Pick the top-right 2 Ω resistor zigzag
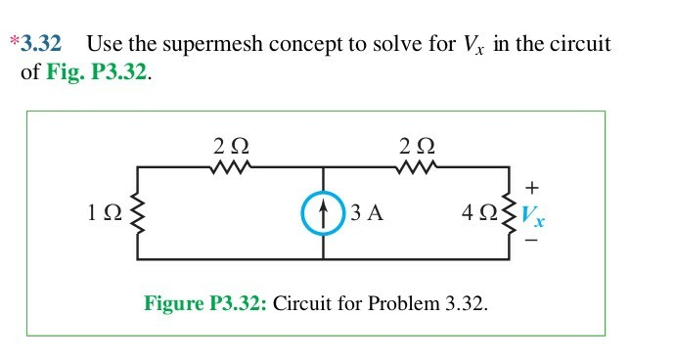pyautogui.click(x=417, y=168)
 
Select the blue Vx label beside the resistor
pyautogui.click(x=532, y=216)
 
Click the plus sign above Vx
pyautogui.click(x=532, y=186)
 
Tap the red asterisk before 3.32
pyautogui.click(x=14, y=43)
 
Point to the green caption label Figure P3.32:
pyautogui.click(x=204, y=303)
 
